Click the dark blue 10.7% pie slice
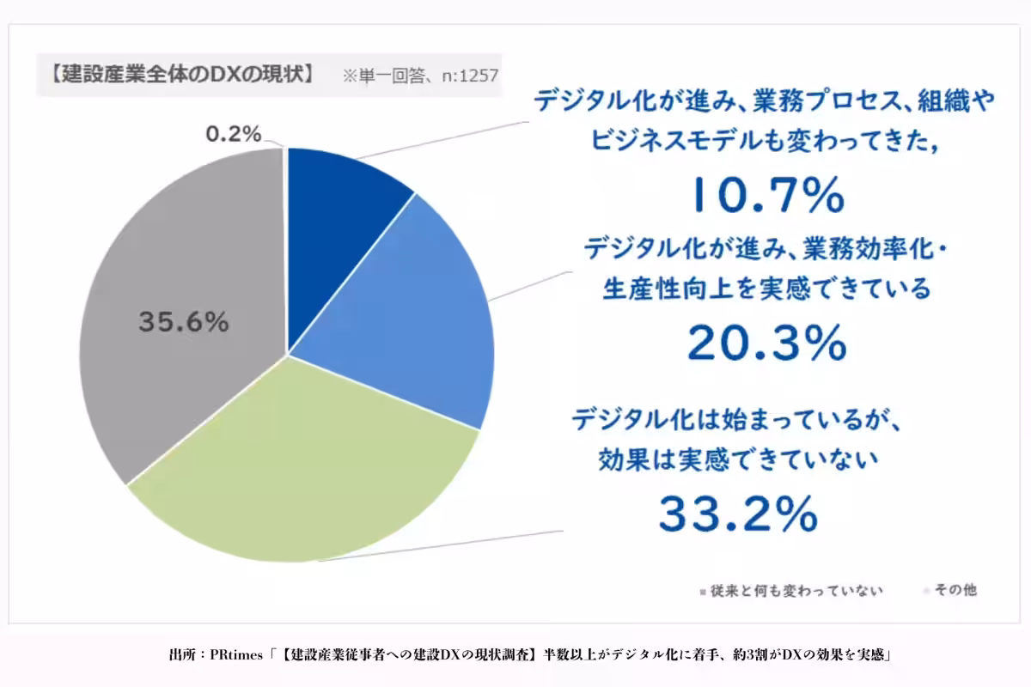tap(339, 215)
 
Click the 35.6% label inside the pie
tap(183, 323)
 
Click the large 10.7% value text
tap(767, 197)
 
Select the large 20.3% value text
tap(767, 343)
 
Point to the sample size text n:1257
tap(470, 75)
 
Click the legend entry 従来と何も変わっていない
tap(796, 591)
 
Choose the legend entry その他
tap(955, 591)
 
